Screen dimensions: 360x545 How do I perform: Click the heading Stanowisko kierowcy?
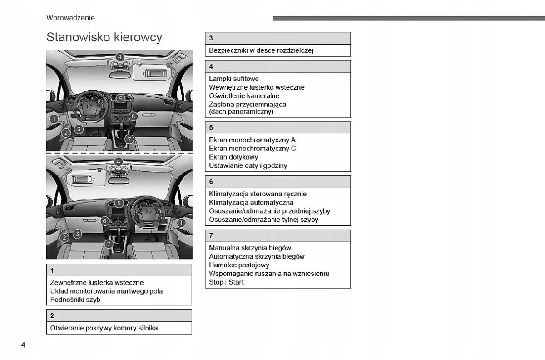(104, 37)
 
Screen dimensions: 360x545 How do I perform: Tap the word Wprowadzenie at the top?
(70, 18)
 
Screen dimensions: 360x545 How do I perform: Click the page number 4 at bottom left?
(23, 345)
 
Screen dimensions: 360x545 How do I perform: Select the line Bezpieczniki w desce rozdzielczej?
(261, 50)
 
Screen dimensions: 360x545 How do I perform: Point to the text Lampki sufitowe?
(234, 79)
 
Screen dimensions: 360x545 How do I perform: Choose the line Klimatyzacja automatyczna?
(251, 203)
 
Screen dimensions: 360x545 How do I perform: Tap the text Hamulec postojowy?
(239, 265)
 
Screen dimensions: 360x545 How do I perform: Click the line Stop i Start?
(226, 282)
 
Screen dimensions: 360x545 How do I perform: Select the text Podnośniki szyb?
(75, 300)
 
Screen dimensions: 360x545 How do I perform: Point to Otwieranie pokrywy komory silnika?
(104, 328)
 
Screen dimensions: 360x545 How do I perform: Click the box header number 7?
(211, 236)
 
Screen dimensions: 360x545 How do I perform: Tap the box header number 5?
(211, 128)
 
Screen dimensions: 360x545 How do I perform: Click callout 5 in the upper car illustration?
(120, 98)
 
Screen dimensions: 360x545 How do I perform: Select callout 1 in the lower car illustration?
(181, 223)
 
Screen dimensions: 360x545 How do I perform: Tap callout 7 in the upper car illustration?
(129, 139)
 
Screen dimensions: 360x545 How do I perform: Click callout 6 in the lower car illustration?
(105, 221)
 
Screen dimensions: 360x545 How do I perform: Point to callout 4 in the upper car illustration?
(119, 57)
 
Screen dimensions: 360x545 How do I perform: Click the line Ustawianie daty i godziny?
(248, 166)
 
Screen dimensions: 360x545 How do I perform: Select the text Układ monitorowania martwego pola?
(106, 291)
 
